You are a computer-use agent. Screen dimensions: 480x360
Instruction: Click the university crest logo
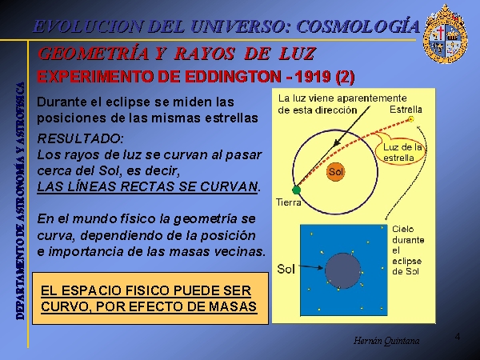click(x=446, y=34)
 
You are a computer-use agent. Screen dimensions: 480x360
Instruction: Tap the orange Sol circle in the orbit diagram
click(x=336, y=172)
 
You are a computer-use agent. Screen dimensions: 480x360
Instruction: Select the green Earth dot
click(x=296, y=190)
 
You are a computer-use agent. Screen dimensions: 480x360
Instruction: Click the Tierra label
click(x=288, y=202)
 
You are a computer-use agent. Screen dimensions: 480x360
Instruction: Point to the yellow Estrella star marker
click(x=411, y=119)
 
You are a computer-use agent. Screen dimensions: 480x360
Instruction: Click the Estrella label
click(x=406, y=110)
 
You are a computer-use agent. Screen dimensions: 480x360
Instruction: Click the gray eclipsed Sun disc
click(x=343, y=271)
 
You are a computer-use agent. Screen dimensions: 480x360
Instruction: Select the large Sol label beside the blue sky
click(x=286, y=269)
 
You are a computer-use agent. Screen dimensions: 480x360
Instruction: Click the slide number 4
click(x=458, y=337)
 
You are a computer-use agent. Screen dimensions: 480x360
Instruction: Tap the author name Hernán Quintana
click(x=386, y=341)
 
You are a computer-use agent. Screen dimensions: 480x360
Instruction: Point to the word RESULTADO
click(x=80, y=138)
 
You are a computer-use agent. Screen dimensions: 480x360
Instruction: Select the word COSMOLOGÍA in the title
click(x=358, y=26)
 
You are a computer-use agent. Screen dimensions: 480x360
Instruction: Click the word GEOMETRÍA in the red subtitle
click(x=94, y=54)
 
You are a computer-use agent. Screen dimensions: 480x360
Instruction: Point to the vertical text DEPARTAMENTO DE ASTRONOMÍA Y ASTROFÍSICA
click(x=20, y=201)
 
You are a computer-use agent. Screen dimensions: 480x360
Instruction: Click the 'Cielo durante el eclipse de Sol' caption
click(x=408, y=250)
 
